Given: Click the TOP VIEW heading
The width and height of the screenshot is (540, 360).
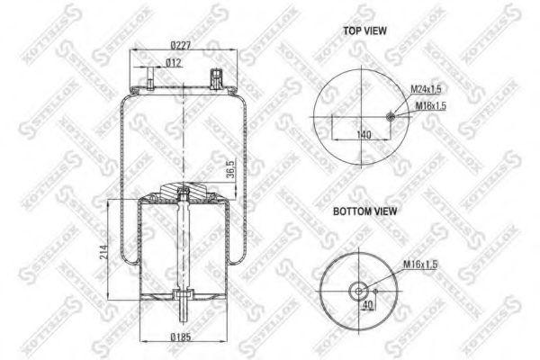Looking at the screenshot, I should tap(364, 30).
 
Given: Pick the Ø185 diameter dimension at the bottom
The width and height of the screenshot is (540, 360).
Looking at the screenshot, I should tap(184, 337).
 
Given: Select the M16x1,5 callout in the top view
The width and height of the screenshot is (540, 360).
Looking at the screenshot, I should tap(432, 104).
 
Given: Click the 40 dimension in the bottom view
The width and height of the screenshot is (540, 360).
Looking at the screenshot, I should tap(368, 305).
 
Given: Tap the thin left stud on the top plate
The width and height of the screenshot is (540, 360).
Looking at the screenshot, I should tap(149, 80).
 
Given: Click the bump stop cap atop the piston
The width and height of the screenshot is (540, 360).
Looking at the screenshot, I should tap(184, 188).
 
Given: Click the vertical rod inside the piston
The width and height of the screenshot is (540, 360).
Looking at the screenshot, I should tap(184, 243).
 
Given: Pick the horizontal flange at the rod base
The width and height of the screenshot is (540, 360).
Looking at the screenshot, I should tap(184, 293).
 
